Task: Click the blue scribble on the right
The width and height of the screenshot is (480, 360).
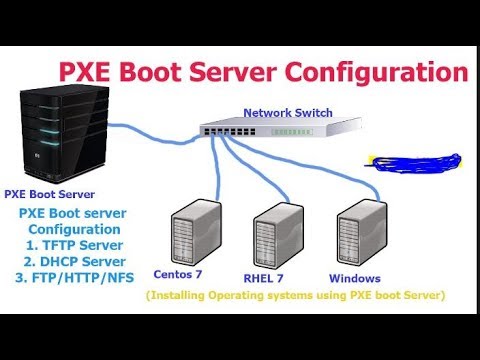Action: [x=413, y=162]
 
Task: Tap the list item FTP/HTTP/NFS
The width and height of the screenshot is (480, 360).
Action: [x=73, y=278]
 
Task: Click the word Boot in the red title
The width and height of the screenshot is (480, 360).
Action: [x=185, y=73]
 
